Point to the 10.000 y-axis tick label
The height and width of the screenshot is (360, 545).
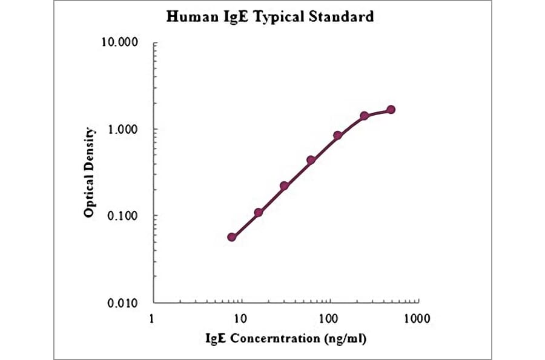click(x=121, y=43)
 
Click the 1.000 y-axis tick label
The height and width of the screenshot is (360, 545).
click(x=124, y=130)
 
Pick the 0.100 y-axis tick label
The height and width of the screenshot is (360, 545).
click(x=124, y=216)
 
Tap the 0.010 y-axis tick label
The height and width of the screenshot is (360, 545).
click(x=124, y=303)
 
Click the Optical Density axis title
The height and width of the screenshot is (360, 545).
click(x=90, y=173)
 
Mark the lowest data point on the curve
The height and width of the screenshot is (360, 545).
click(x=232, y=237)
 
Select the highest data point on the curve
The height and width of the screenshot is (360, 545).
click(x=391, y=110)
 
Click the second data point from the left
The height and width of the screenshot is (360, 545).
click(x=258, y=213)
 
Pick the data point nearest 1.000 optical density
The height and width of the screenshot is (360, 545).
click(x=338, y=135)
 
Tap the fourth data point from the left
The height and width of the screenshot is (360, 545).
click(x=311, y=160)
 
